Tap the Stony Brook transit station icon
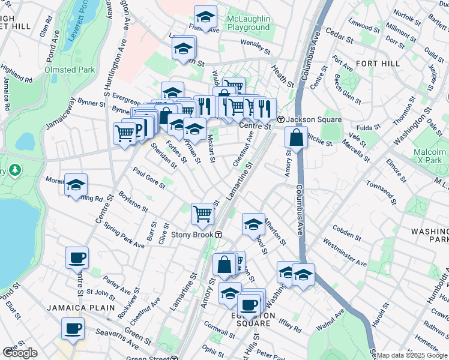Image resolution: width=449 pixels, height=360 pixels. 219,235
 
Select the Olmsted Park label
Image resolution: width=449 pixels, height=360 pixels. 70,70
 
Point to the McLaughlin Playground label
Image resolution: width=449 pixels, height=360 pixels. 249,23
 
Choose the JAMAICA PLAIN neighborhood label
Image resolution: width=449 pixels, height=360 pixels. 81,308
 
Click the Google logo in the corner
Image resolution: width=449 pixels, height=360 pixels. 20,353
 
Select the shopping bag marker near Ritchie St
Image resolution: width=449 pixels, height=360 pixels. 297,137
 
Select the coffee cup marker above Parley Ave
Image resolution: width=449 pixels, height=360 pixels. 77,258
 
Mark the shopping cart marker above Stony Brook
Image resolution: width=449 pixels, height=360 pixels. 203,214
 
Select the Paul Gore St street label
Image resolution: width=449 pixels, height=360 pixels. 149,178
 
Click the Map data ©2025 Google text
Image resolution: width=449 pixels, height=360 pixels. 412,355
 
